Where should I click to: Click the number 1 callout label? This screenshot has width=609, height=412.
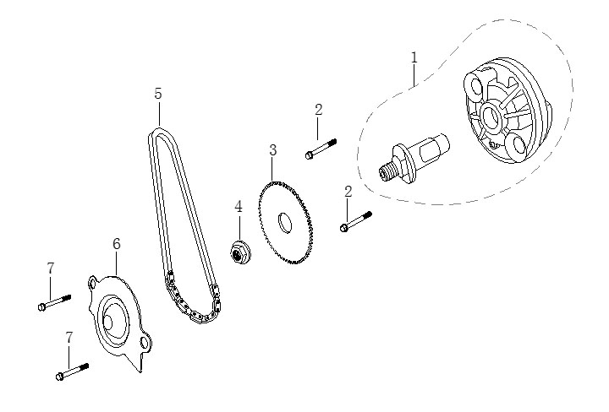point(414,57)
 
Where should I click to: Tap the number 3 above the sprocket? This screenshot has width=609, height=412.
point(272,150)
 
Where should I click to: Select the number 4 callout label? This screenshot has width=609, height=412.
point(239,207)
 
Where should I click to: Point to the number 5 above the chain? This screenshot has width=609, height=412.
point(158,94)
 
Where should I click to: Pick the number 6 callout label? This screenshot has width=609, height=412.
point(117,244)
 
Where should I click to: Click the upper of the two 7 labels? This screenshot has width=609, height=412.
point(51,268)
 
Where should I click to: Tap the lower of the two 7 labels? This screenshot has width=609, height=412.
point(69,337)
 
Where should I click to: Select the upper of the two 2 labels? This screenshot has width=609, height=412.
point(318,109)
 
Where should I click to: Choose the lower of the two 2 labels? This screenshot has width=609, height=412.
point(348,192)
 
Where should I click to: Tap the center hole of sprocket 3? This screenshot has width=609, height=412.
point(284,224)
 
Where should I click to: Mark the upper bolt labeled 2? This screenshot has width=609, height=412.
point(321,149)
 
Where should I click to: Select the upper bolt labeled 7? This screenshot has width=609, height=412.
point(55,301)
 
